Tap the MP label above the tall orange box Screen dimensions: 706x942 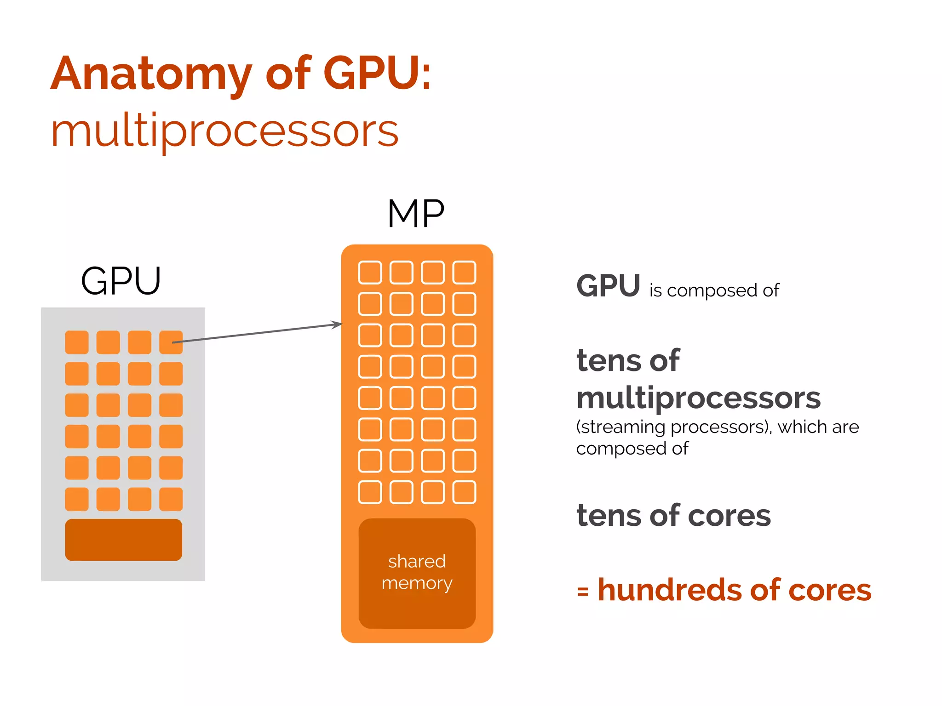pos(416,214)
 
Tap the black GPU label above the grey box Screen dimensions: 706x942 pos(121,281)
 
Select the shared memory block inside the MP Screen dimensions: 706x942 pos(417,573)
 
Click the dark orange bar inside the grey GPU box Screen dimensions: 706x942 pos(123,540)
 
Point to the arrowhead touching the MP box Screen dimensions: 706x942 pos(339,325)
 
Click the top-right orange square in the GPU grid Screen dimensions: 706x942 pos(171,342)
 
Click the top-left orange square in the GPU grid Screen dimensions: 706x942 pos(77,342)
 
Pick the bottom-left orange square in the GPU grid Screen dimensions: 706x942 pos(77,499)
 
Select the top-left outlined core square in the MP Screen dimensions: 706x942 pos(370,273)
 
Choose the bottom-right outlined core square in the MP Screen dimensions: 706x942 pos(464,492)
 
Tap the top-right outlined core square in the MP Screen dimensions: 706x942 pos(464,273)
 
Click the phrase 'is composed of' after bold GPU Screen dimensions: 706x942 pos(714,290)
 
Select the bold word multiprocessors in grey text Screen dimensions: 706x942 pos(698,398)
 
